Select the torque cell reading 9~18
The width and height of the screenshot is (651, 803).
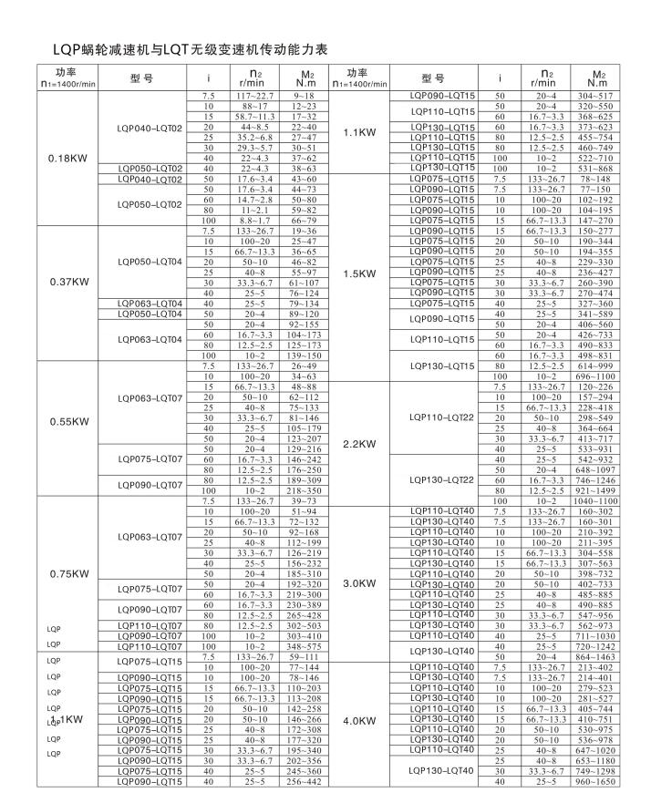click(308, 96)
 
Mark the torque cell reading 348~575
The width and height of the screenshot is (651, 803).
click(308, 646)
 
